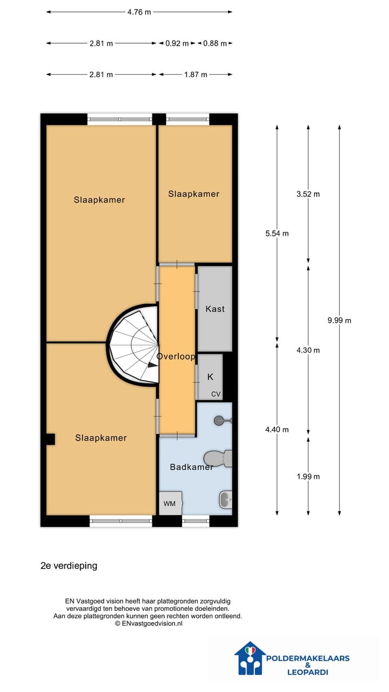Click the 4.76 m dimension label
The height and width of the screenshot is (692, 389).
tap(139, 12)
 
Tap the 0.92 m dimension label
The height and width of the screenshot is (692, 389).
tap(177, 43)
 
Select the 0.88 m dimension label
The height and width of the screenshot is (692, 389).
tap(214, 43)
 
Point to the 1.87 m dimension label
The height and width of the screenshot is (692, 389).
tap(196, 75)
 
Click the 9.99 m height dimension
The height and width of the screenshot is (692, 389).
tap(339, 320)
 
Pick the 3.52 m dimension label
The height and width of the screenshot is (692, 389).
tap(308, 194)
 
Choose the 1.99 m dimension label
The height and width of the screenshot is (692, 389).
tap(308, 476)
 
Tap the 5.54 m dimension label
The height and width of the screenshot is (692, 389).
tap(277, 234)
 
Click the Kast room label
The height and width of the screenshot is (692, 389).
tap(215, 309)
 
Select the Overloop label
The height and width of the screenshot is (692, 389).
tap(176, 357)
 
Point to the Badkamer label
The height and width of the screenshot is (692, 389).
tap(191, 467)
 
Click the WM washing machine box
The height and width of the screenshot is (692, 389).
tap(170, 503)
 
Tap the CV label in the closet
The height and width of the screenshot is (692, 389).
tap(216, 394)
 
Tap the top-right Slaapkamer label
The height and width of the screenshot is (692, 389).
tap(193, 194)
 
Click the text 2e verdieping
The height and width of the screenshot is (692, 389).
tap(69, 566)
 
